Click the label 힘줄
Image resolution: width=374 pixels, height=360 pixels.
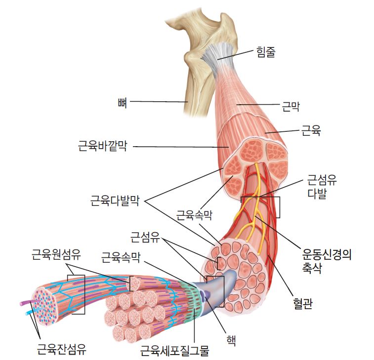click(266, 51)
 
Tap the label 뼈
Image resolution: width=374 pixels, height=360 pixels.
click(123, 103)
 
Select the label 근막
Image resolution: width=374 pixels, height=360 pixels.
click(291, 106)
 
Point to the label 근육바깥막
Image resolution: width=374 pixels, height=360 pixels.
click(103, 146)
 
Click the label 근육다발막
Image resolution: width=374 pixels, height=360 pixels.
click(115, 201)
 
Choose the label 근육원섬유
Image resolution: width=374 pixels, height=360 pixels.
click(56, 255)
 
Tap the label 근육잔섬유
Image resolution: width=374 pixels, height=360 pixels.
click(62, 349)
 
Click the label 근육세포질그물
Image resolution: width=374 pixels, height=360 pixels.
click(174, 350)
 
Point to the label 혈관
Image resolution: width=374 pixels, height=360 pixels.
click(303, 304)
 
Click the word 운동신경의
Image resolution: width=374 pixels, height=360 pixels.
click(327, 254)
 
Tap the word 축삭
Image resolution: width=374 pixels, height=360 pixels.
click(312, 268)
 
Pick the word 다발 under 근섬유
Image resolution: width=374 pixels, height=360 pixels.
click(317, 194)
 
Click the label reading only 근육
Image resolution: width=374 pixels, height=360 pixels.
click(311, 131)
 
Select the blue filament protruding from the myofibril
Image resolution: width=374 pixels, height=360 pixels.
click(30, 312)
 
